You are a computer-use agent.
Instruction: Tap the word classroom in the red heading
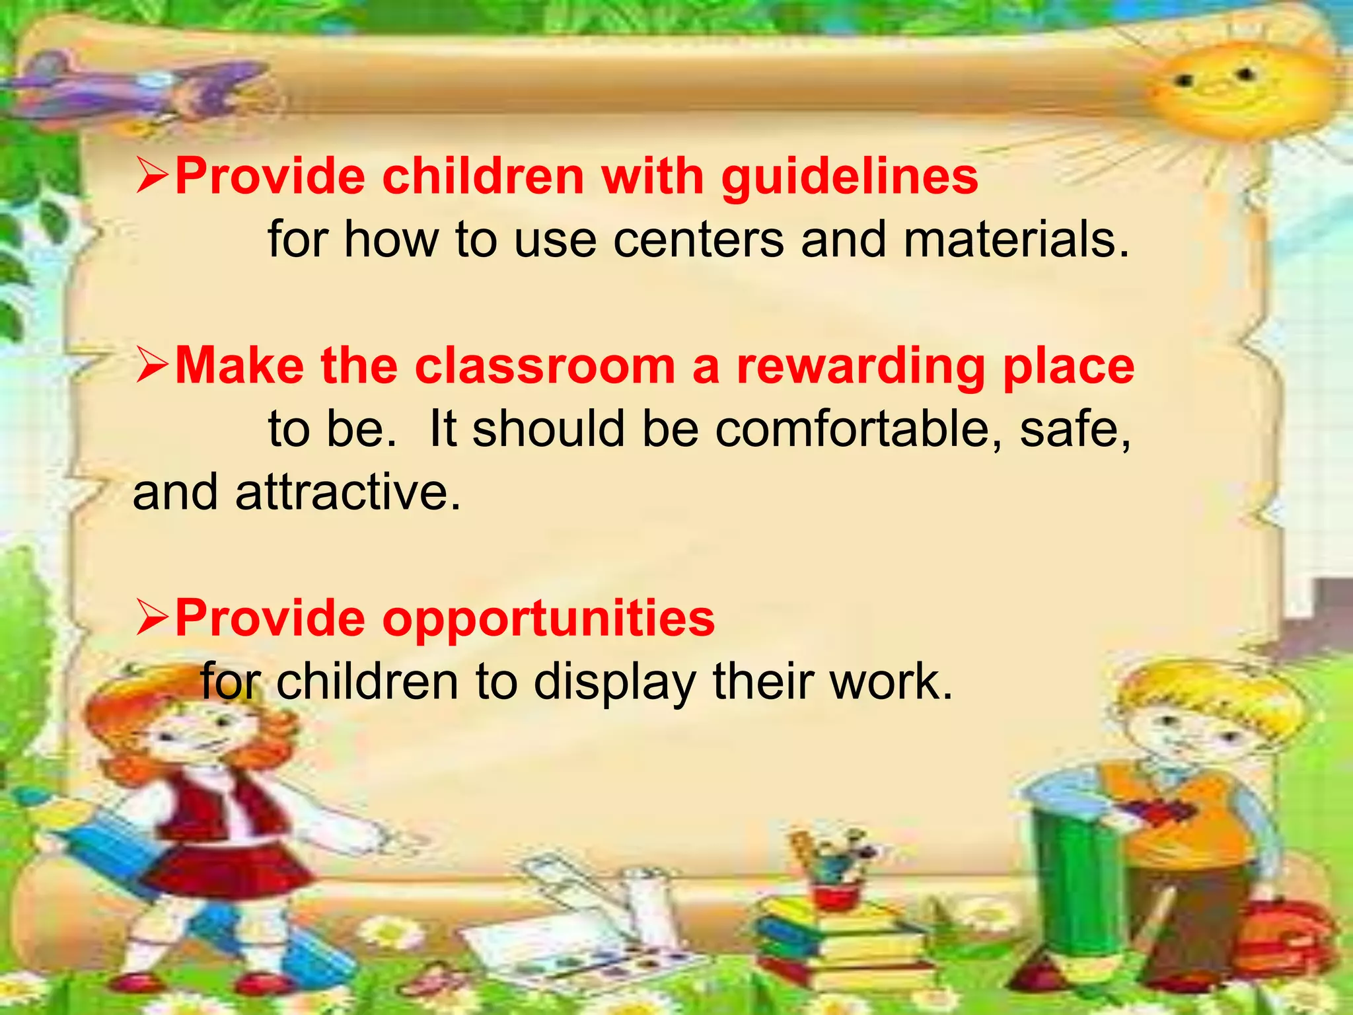pyautogui.click(x=544, y=367)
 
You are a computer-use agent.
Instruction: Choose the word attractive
pyautogui.click(x=347, y=493)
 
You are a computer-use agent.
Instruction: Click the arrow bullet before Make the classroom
pyautogui.click(x=152, y=367)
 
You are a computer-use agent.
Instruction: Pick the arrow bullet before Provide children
pyautogui.click(x=152, y=178)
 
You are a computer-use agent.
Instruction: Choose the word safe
pyautogui.click(x=1074, y=430)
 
